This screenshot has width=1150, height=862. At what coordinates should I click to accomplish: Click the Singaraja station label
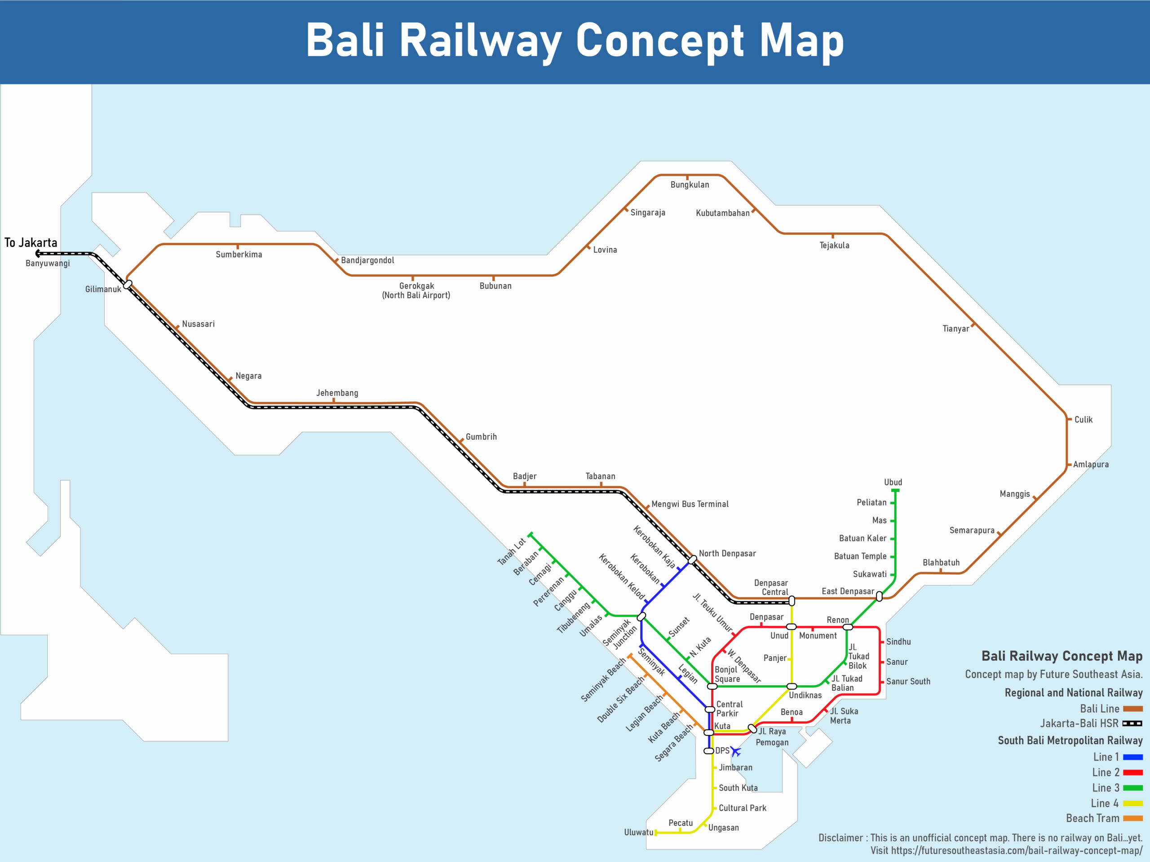(647, 212)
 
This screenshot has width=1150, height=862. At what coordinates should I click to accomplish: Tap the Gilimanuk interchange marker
(128, 284)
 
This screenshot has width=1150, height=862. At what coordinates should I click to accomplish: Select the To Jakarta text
(31, 242)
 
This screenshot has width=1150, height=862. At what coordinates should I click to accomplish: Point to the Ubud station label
(893, 482)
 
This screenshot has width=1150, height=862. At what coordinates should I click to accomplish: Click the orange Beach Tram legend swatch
(1132, 818)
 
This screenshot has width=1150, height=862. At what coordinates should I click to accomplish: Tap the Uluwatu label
(638, 832)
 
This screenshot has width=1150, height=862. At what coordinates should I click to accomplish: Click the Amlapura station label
(1090, 465)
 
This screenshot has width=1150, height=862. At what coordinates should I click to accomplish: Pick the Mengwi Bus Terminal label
(690, 504)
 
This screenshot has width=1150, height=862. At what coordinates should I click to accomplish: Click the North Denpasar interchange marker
(692, 559)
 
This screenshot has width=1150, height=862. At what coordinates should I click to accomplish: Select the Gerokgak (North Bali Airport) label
(416, 290)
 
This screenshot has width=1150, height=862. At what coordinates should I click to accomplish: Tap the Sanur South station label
(908, 681)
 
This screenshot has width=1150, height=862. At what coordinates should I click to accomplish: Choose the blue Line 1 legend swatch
(1132, 757)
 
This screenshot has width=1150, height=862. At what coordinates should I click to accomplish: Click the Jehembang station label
(337, 393)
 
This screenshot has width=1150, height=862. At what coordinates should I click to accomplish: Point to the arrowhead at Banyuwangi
(38, 254)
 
